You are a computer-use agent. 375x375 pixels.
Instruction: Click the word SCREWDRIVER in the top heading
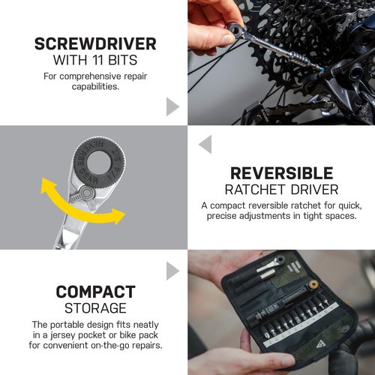pyautogui.click(x=95, y=44)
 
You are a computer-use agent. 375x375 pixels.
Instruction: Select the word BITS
pyautogui.click(x=122, y=60)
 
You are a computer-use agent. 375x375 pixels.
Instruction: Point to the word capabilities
pyautogui.click(x=95, y=86)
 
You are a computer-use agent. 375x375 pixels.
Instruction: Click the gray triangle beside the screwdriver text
pyautogui.click(x=172, y=106)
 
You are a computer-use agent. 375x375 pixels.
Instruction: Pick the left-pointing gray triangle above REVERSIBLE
pyautogui.click(x=205, y=144)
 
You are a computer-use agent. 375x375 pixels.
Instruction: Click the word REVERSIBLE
pyautogui.click(x=281, y=173)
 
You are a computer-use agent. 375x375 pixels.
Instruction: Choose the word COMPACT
pyautogui.click(x=95, y=292)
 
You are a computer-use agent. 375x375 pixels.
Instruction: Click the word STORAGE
pyautogui.click(x=95, y=308)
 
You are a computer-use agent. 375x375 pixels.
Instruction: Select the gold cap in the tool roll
pyautogui.click(x=313, y=284)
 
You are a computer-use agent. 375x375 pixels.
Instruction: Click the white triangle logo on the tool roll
pyautogui.click(x=321, y=345)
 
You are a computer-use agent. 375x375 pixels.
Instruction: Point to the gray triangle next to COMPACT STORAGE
pyautogui.click(x=172, y=271)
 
